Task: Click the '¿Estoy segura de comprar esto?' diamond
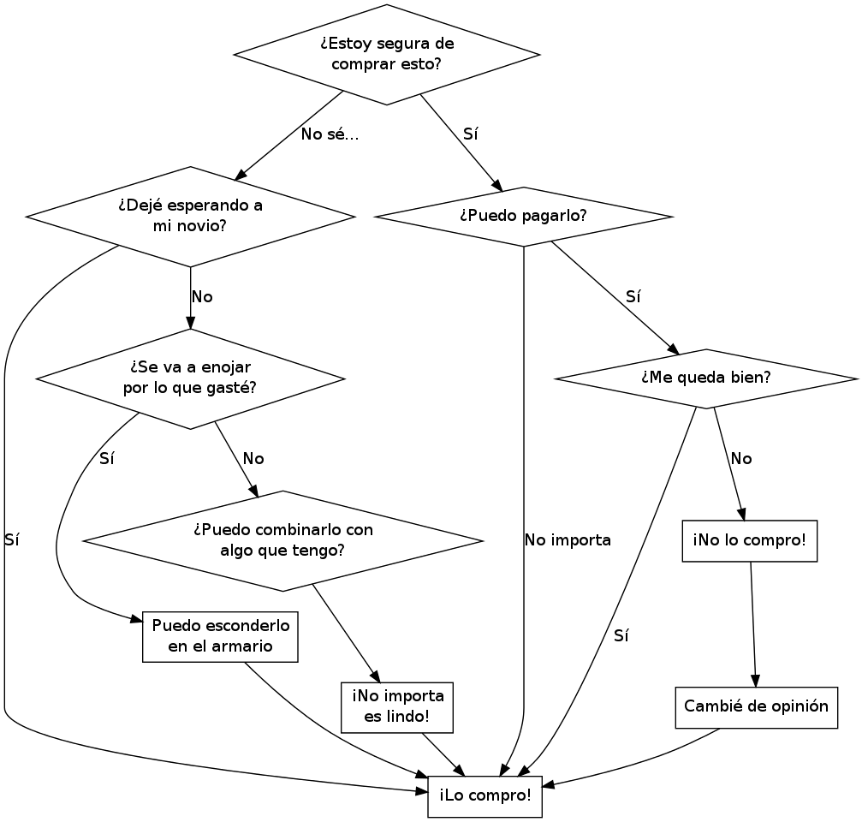[x=386, y=55]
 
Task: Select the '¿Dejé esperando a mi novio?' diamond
[x=190, y=217]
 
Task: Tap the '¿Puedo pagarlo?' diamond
[x=523, y=217]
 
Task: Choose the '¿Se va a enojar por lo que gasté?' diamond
[x=190, y=378]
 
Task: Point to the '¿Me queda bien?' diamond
[x=706, y=378]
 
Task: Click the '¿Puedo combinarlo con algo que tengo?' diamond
[x=282, y=541]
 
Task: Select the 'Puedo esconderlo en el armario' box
[x=220, y=637]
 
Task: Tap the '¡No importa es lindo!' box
[x=397, y=707]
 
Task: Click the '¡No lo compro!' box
[x=749, y=541]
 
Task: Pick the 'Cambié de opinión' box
[x=756, y=707]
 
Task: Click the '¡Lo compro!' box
[x=485, y=796]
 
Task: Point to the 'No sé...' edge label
[x=330, y=134]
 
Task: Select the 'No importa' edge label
[x=568, y=540]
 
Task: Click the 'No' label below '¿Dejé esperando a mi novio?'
[x=202, y=297]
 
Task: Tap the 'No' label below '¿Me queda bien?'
[x=741, y=459]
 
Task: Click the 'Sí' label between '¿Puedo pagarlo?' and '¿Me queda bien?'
[x=633, y=297]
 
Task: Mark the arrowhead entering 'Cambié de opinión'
[x=755, y=681]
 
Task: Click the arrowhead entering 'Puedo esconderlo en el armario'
[x=136, y=620]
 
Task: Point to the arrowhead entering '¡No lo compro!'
[x=742, y=514]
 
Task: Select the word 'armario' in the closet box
[x=243, y=646]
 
